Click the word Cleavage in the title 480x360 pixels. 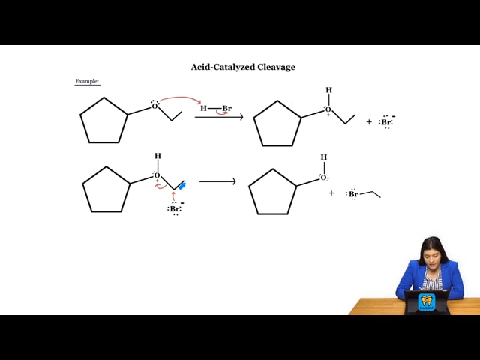pos(276,67)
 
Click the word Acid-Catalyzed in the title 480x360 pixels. pos(223,67)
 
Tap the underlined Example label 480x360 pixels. pos(87,81)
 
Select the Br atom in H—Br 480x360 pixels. pos(226,108)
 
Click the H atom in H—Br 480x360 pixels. pos(203,108)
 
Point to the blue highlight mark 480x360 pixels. pos(182,185)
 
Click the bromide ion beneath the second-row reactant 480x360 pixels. pos(175,208)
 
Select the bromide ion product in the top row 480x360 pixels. pos(387,122)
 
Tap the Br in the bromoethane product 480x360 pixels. pos(353,194)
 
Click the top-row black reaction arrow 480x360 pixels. pos(219,117)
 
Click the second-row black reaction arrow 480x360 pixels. pos(217,181)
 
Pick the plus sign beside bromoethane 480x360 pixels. pos(331,193)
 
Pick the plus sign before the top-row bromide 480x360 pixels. pos(369,121)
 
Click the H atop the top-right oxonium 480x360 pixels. pos(328,90)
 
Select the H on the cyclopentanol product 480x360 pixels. pos(324,157)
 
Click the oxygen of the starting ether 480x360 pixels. pos(154,106)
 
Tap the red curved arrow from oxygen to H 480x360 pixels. pos(181,98)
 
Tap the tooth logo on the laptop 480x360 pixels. pos(425,301)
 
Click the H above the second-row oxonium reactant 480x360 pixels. pos(157,156)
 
